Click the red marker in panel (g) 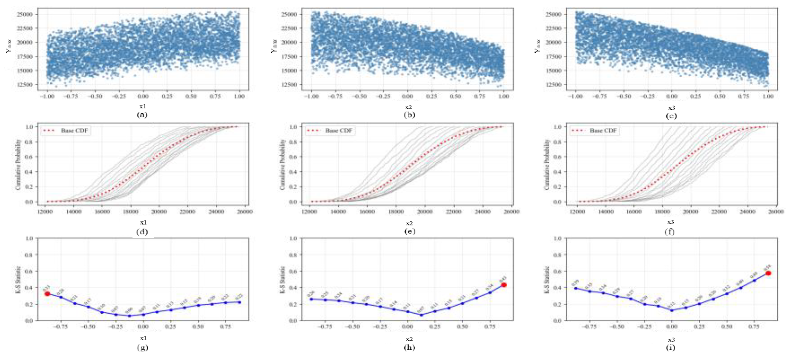coord(47,294)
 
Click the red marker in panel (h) coord(504,285)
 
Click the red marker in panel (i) coord(768,273)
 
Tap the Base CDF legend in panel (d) coord(65,131)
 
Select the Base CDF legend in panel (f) coord(594,131)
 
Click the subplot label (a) coord(142,115)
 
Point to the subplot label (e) coord(409,231)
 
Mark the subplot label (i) coord(670,347)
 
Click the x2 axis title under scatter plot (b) coord(409,107)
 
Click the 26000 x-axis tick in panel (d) coord(245,211)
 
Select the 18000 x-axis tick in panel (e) coord(395,211)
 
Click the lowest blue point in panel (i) coord(671,310)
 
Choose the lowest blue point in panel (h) coord(421,315)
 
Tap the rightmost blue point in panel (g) coord(240,302)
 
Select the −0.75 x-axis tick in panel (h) coord(325,327)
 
